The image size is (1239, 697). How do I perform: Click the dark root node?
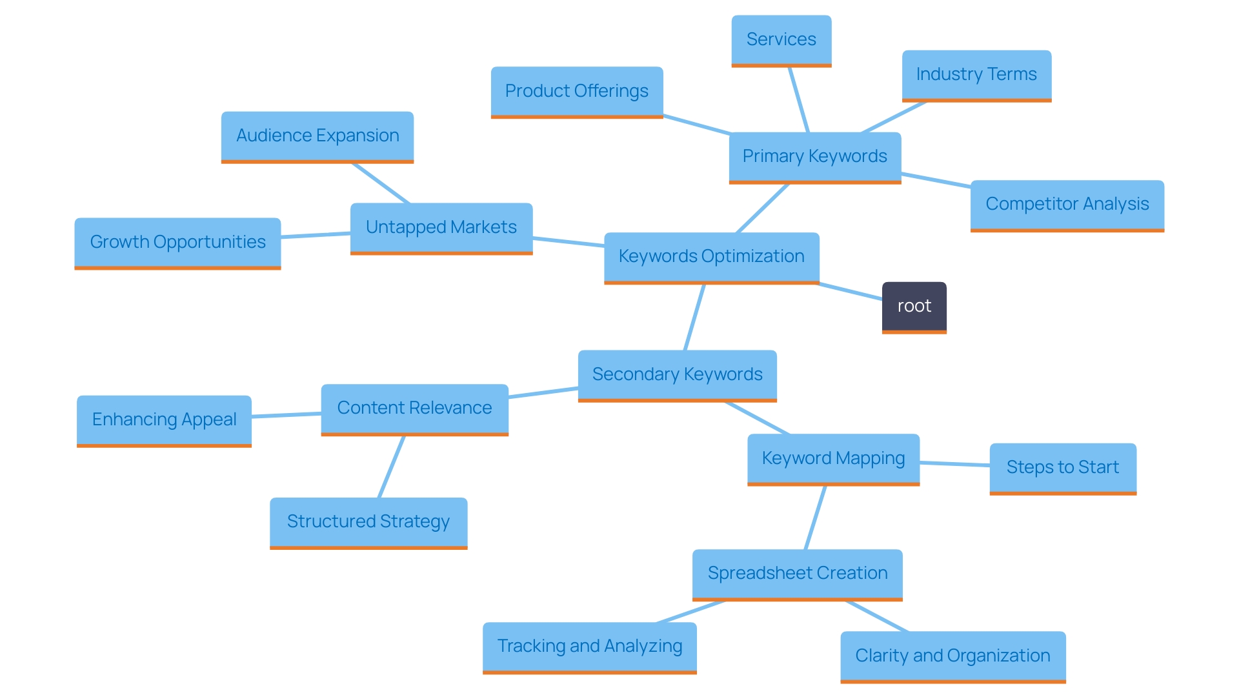pyautogui.click(x=914, y=307)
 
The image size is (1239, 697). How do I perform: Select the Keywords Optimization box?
pyautogui.click(x=711, y=257)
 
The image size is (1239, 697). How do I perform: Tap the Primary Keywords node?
pyautogui.click(x=814, y=157)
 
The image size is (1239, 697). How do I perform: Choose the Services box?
pyautogui.click(x=781, y=40)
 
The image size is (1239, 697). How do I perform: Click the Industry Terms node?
pyautogui.click(x=976, y=75)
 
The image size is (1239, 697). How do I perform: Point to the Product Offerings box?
pyautogui.click(x=576, y=92)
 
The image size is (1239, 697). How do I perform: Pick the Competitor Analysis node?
pyautogui.click(x=1067, y=205)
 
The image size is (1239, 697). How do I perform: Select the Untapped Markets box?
pyautogui.click(x=441, y=228)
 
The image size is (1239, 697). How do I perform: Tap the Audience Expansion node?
pyautogui.click(x=317, y=136)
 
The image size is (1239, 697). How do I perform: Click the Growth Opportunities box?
pyautogui.click(x=177, y=243)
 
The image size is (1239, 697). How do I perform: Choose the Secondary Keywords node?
pyautogui.click(x=677, y=375)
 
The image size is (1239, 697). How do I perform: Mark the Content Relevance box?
pyautogui.click(x=414, y=409)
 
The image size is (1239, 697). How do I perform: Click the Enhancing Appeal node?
pyautogui.click(x=164, y=420)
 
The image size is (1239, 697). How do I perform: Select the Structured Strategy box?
pyautogui.click(x=368, y=522)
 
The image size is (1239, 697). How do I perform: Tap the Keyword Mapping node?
pyautogui.click(x=833, y=459)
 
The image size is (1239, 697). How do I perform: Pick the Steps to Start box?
pyautogui.click(x=1062, y=468)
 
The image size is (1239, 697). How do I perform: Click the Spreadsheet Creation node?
pyautogui.click(x=797, y=574)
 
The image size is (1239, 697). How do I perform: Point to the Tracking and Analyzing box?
pyautogui.click(x=589, y=647)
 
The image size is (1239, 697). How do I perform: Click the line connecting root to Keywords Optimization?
pyautogui.click(x=851, y=292)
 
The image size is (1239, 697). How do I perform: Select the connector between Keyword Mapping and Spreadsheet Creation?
pyautogui.click(x=816, y=518)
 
